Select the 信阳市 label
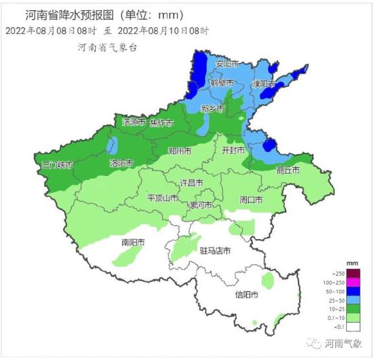pyautogui.click(x=246, y=295)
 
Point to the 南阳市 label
pyautogui.click(x=134, y=242)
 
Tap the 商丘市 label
pyautogui.click(x=288, y=170)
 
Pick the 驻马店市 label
pyautogui.click(x=215, y=251)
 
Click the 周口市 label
pyautogui.click(x=252, y=200)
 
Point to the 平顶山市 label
pyautogui.click(x=163, y=198)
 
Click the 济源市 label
pyautogui.click(x=135, y=122)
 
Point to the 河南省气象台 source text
pyautogui.click(x=108, y=48)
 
